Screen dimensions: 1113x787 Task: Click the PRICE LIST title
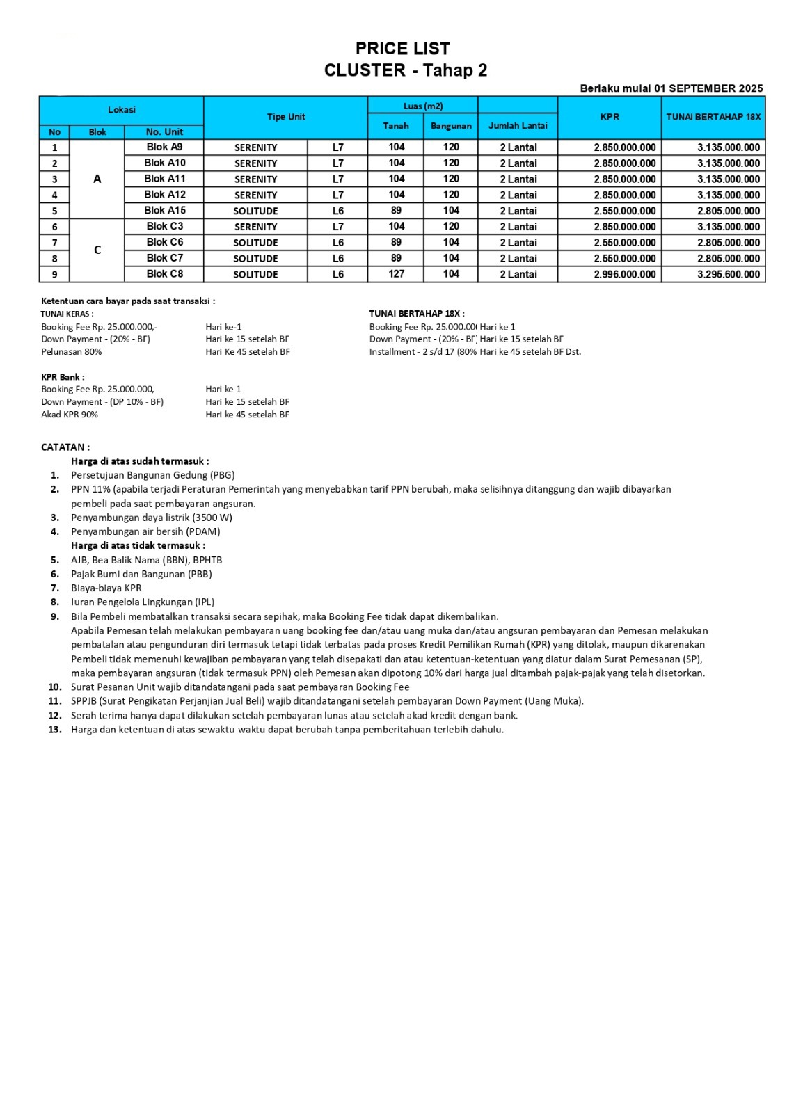402,49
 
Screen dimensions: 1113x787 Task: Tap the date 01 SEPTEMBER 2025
708,88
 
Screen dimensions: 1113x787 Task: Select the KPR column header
610,117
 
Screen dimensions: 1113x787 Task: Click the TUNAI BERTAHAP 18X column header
713,117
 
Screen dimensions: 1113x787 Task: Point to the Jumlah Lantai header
518,126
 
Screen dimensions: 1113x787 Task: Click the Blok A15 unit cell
165,210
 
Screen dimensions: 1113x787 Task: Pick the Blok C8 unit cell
165,274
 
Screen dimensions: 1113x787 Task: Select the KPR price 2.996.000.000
624,275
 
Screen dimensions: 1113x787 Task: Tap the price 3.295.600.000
729,275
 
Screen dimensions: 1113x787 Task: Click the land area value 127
396,274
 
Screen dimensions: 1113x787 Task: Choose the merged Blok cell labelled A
97,179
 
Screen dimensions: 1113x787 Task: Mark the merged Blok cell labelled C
97,250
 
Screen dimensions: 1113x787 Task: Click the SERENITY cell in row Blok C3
255,227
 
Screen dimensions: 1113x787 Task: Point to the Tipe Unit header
286,117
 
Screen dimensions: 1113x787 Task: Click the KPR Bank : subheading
63,377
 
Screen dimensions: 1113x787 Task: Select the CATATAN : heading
65,447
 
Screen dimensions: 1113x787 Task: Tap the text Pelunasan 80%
71,352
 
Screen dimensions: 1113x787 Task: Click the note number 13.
55,730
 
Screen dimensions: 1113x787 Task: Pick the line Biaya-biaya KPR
106,588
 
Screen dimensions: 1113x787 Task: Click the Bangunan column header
451,126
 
